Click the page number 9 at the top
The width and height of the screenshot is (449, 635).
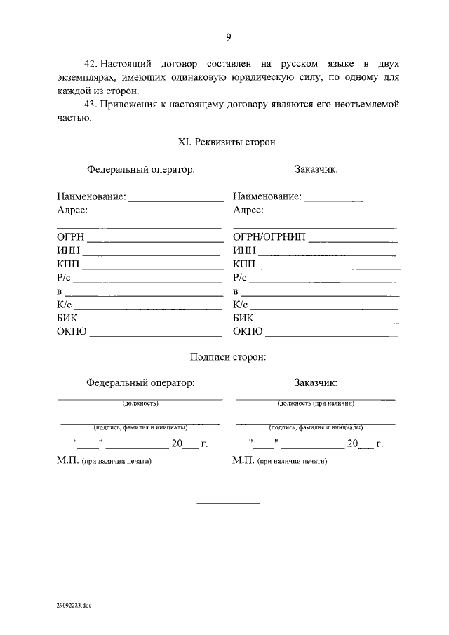229,37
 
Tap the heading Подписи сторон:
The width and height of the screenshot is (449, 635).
228,356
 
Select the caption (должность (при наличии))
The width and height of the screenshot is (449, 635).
316,403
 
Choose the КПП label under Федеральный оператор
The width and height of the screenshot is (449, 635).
68,264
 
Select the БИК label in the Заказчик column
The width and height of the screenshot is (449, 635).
243,318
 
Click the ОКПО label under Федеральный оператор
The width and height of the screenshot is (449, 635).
72,331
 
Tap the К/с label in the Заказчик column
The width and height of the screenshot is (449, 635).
241,305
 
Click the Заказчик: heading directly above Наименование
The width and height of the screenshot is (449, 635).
316,169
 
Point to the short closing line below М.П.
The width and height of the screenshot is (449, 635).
228,503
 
